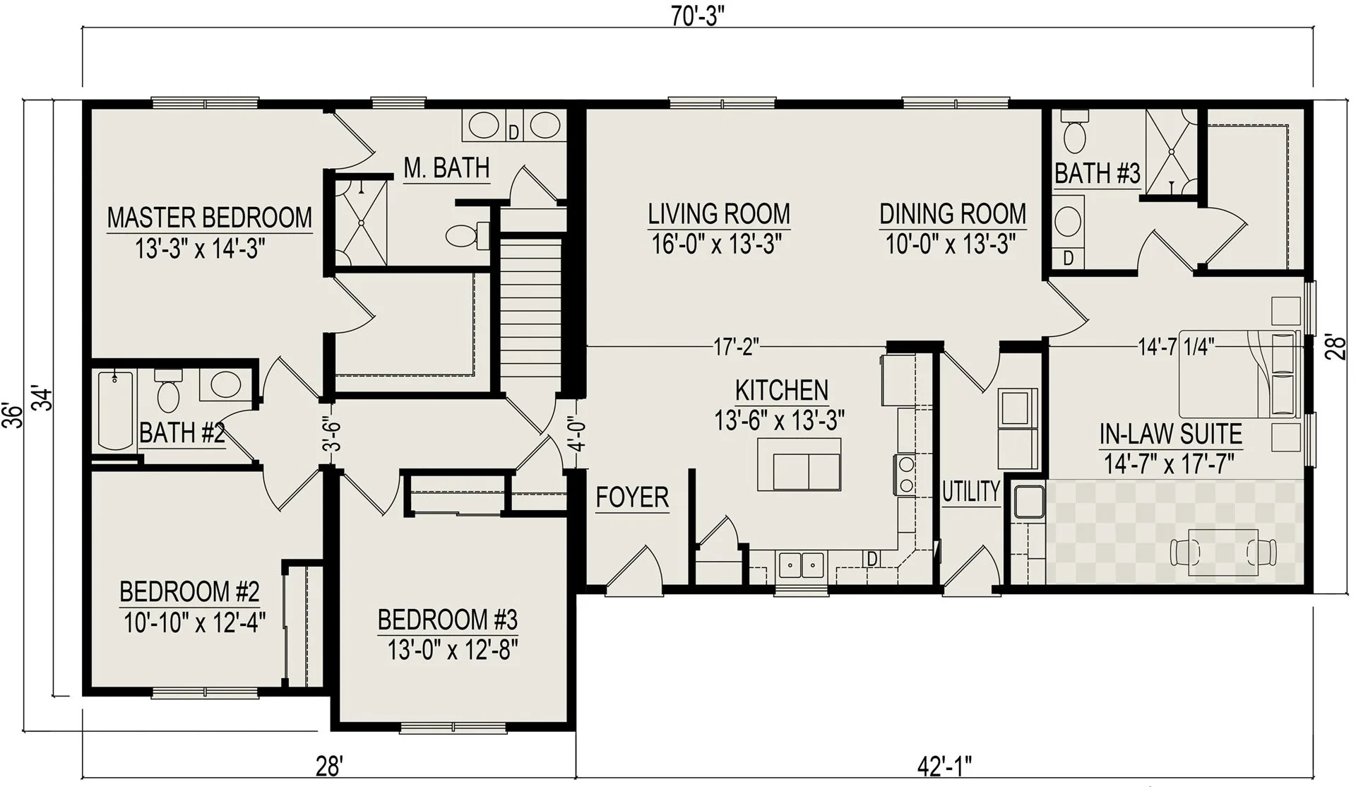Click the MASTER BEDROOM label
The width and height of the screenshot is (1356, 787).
(210, 218)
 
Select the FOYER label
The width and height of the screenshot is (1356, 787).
(632, 497)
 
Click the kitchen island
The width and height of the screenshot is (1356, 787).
(799, 464)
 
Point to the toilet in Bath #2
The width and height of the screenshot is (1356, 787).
(168, 390)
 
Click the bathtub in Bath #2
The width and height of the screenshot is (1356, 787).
(116, 411)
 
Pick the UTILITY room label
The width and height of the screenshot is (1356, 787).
(971, 491)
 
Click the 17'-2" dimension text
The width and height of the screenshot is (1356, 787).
(736, 347)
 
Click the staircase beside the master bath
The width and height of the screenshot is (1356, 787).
(531, 304)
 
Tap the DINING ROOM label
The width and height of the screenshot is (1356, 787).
(953, 213)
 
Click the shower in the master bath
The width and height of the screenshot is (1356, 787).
(361, 222)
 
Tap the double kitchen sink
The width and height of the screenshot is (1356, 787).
(801, 565)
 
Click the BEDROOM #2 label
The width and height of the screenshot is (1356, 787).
(189, 591)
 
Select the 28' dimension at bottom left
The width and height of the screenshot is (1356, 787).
(330, 765)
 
